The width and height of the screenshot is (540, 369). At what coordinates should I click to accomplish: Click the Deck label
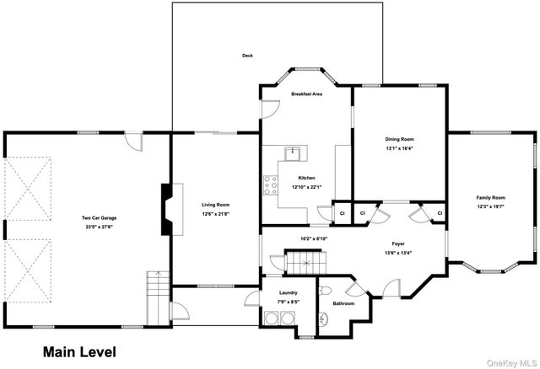[x=247, y=56]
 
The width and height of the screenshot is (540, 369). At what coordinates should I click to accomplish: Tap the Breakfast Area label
[x=306, y=94]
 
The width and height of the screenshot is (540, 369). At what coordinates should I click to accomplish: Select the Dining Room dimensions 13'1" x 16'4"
[x=400, y=148]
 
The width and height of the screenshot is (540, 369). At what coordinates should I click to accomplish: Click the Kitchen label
[x=306, y=178]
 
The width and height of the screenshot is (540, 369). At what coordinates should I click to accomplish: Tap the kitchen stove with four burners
[x=271, y=184]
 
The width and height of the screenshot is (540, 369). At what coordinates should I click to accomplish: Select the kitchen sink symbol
[x=295, y=153]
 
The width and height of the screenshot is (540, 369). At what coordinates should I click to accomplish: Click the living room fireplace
[x=167, y=209]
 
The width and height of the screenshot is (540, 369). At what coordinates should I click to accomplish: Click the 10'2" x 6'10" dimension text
[x=313, y=239]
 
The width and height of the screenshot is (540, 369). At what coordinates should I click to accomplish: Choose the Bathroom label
[x=343, y=303]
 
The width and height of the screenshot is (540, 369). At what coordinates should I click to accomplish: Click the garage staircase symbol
[x=158, y=297]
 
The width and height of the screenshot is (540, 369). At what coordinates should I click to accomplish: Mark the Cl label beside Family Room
[x=440, y=213]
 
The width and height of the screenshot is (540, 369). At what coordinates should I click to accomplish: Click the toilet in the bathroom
[x=325, y=318]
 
